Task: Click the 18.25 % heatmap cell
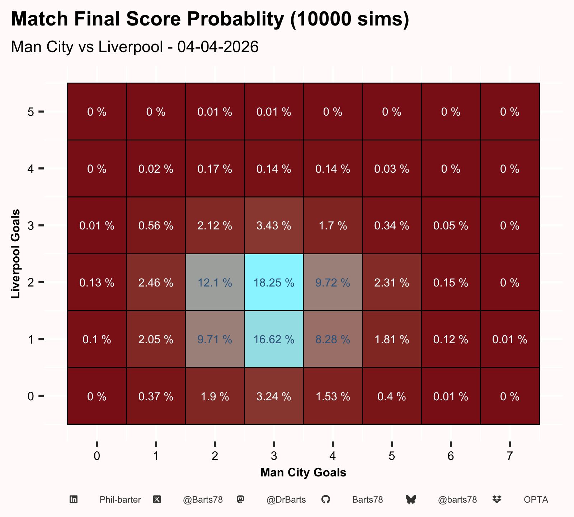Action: coord(274,282)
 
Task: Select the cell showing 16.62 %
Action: coord(274,339)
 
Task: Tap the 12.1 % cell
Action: coord(215,282)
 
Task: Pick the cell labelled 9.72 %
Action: coord(333,282)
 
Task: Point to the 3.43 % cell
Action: coord(274,225)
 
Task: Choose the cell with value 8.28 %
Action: coord(333,339)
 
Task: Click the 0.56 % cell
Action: coord(156,225)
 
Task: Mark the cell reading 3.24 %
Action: coord(274,396)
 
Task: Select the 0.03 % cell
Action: coord(392,169)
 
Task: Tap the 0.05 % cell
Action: coord(451,225)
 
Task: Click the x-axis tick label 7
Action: coord(510,456)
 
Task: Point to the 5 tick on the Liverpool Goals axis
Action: coord(31,112)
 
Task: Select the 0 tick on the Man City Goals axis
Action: coord(97,456)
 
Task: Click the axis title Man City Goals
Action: coord(303,472)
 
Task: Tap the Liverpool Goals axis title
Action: coord(15,253)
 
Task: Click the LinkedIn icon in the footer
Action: coord(74,499)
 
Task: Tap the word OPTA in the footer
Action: coord(536,500)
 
